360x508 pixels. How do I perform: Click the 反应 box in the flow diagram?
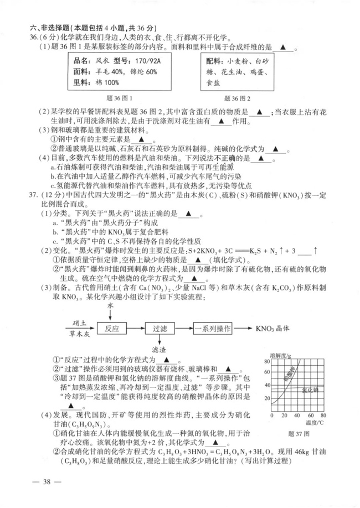pyautogui.click(x=112, y=328)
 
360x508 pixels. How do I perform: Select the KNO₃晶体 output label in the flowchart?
pyautogui.click(x=272, y=328)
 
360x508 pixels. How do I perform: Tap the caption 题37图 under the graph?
pyautogui.click(x=299, y=433)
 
